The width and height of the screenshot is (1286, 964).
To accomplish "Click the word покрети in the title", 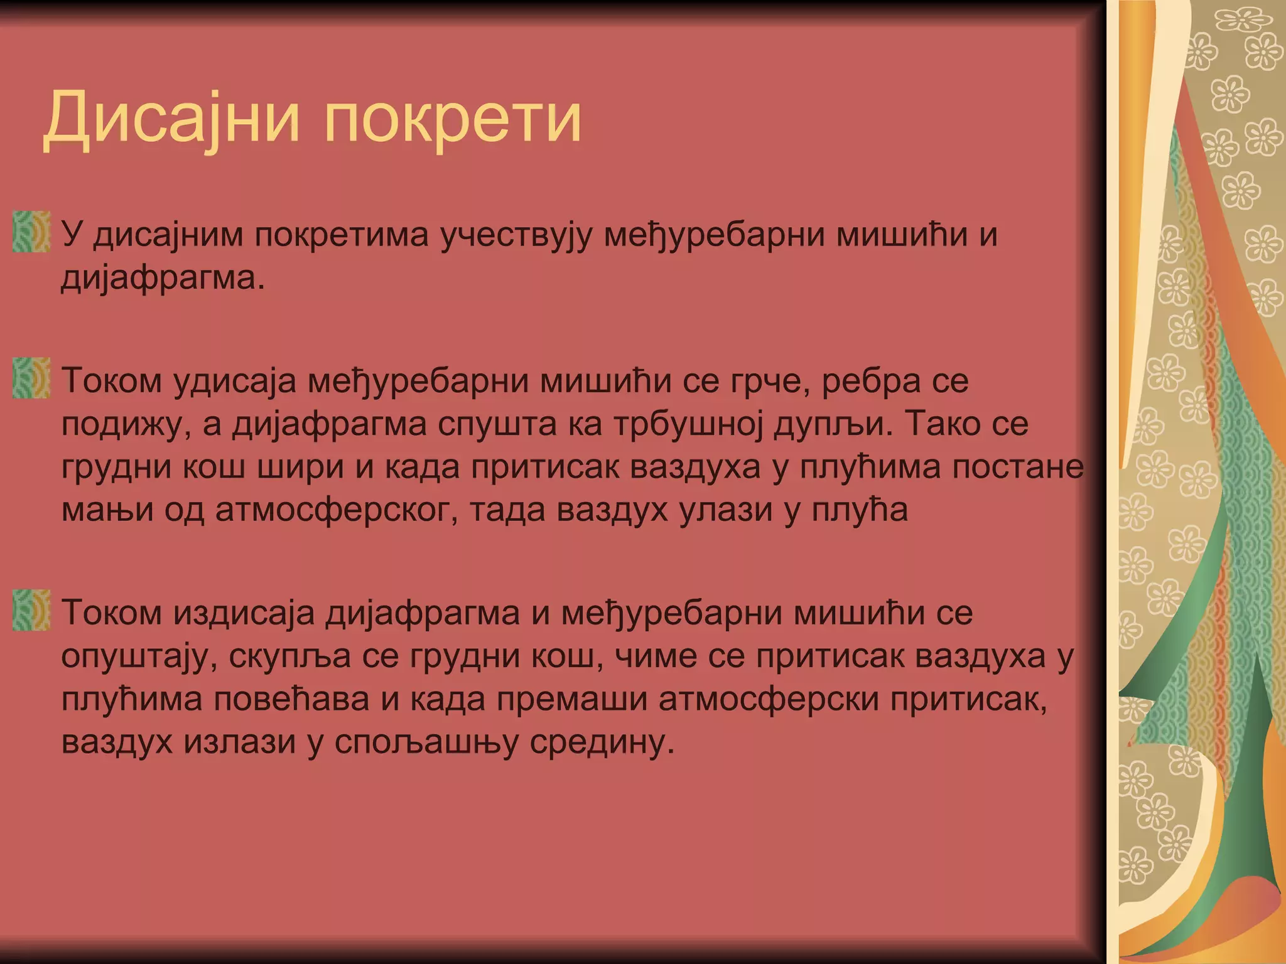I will [452, 118].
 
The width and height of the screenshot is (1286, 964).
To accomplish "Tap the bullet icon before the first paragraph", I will [31, 232].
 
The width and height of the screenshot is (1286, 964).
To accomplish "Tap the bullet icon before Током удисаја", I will [31, 378].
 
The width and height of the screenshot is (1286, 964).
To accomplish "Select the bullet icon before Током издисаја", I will [31, 610].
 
